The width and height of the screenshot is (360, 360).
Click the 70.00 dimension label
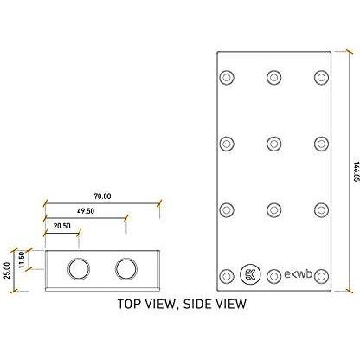point(102,196)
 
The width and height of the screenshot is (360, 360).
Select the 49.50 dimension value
point(86,211)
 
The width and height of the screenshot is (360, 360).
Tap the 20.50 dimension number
point(62,226)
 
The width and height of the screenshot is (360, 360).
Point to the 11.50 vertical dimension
point(22,260)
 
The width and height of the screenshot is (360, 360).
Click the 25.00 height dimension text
point(7,271)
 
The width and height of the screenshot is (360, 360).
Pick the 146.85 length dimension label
point(357,171)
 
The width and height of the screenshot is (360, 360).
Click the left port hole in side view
point(79,269)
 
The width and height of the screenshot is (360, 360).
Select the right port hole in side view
point(126,269)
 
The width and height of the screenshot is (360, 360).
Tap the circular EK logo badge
point(250,274)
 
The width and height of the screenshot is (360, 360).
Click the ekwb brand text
point(298,273)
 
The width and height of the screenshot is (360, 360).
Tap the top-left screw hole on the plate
point(227,77)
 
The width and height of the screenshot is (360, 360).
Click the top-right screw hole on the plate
point(321,77)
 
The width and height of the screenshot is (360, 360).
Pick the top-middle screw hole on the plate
point(274,77)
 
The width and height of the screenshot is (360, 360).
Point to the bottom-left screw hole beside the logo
point(227,276)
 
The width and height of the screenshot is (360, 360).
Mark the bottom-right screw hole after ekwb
point(321,276)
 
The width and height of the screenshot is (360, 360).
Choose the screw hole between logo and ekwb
point(274,276)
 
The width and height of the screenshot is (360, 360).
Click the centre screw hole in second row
point(274,144)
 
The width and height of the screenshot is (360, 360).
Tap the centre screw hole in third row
point(274,210)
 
